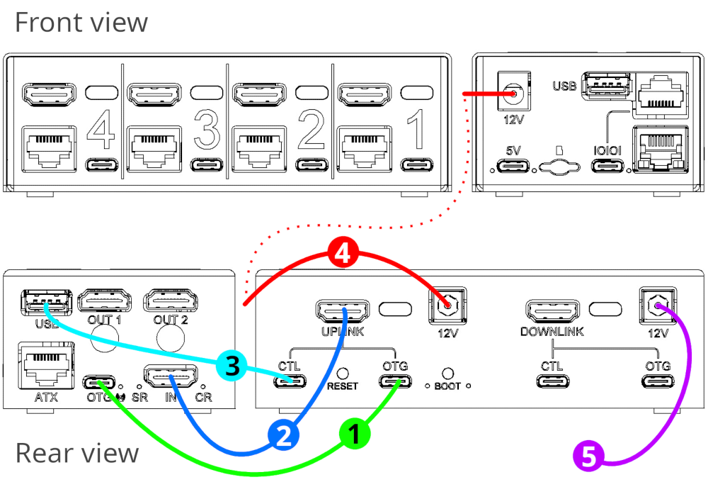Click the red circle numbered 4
coord(342,254)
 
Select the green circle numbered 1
coord(355,432)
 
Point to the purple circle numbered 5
coord(588,454)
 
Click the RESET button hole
coord(343,372)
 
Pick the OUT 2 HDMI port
coord(169,301)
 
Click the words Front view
coord(81,22)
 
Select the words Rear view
coord(77,452)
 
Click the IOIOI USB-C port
coord(610,167)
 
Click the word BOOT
coord(447,387)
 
